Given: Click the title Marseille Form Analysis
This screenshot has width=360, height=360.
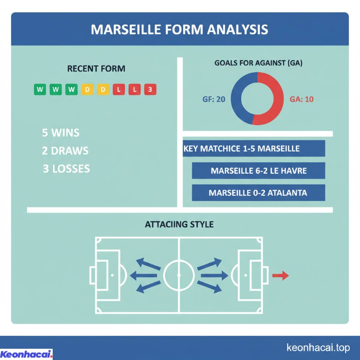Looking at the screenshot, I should pos(180,29).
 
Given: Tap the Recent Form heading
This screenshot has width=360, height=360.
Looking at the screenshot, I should pos(96,69).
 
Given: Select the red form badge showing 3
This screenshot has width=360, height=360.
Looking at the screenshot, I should pos(150,90).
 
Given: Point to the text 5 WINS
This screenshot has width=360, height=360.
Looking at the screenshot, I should pos(60,133).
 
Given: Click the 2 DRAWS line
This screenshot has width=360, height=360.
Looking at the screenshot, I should pos(65,151).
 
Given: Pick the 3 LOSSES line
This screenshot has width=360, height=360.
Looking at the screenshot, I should pos(66,169).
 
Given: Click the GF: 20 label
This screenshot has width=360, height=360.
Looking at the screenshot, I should pos(214,99).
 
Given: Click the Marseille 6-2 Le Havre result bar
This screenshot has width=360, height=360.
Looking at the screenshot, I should pos(258,171).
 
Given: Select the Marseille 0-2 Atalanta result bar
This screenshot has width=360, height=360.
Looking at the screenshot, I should pos(258,193).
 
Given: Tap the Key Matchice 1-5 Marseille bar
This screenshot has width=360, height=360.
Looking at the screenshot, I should pos(254,148).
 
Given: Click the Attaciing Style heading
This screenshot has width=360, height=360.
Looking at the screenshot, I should pos(179,224).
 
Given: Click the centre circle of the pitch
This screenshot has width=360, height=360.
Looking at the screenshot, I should pos(179,275).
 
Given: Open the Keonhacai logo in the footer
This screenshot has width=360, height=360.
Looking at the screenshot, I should pos(26,354).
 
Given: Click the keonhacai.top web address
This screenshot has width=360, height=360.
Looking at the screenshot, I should pos(318,348).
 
